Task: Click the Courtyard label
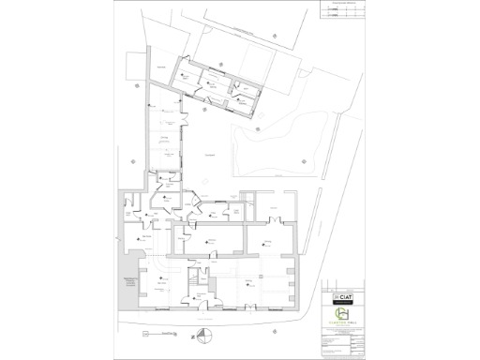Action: tap(211, 154)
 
